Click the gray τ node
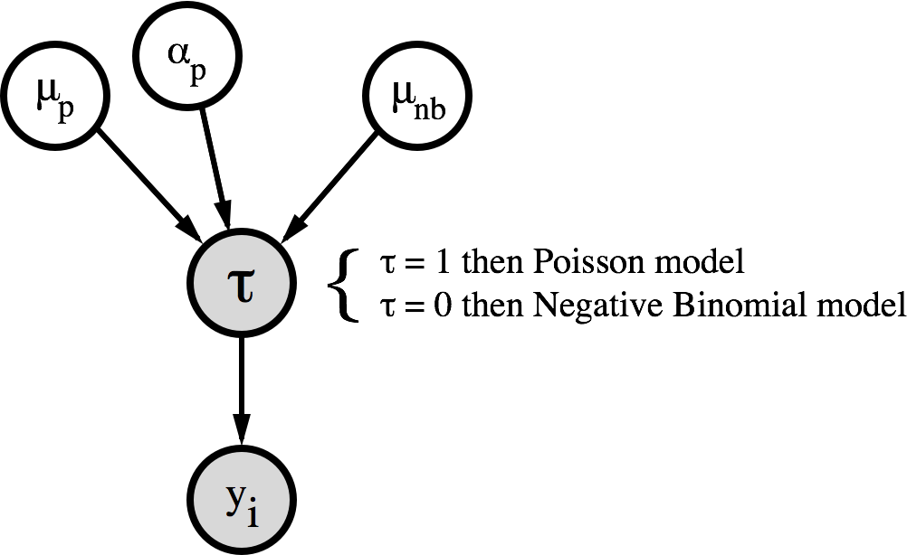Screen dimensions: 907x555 [x=242, y=283]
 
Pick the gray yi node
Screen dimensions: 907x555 [x=242, y=500]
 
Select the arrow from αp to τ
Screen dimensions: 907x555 [x=215, y=169]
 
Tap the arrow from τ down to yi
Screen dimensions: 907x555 [x=242, y=392]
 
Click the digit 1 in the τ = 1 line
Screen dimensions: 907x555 [x=442, y=263]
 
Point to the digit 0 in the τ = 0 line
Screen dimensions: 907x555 [x=442, y=306]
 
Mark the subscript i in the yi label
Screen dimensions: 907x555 [x=252, y=513]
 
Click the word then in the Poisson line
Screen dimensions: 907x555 [x=492, y=263]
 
